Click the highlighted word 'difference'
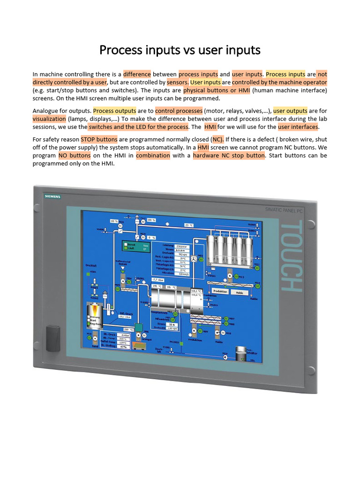click(137, 74)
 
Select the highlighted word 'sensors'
click(177, 82)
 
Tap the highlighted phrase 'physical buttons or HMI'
click(217, 90)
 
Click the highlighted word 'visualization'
click(49, 119)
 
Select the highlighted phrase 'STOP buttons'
click(99, 139)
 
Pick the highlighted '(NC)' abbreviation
click(217, 139)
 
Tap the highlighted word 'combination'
click(153, 155)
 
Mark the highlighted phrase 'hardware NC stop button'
click(229, 155)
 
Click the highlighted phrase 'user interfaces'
click(298, 127)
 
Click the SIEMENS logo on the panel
click(52, 196)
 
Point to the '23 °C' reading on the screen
click(189, 225)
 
